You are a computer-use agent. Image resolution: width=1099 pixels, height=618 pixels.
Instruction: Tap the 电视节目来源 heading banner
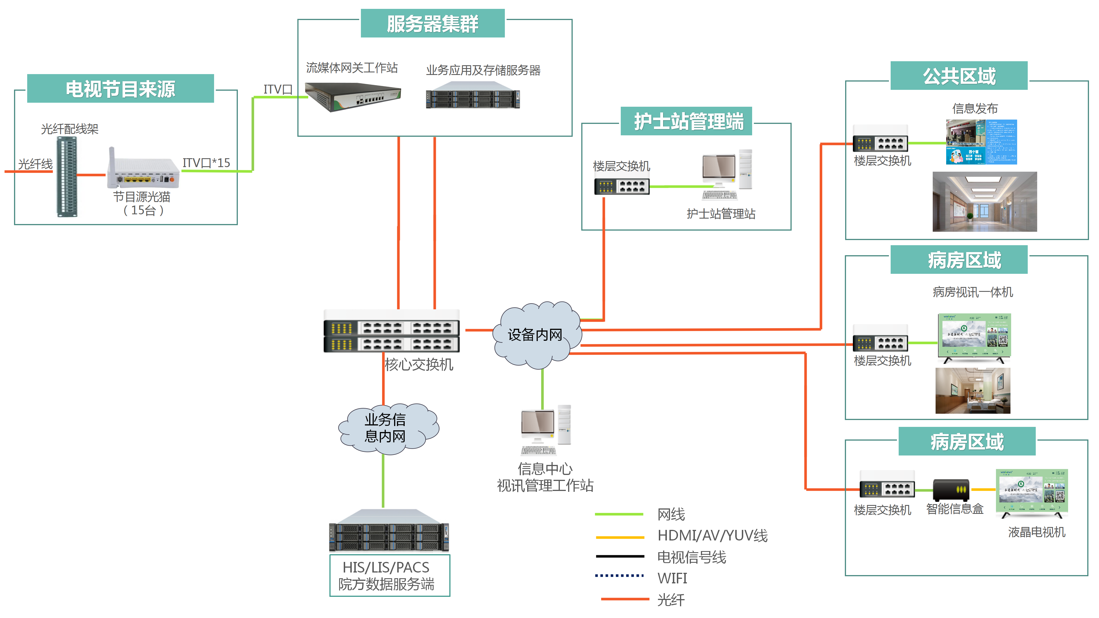tap(120, 89)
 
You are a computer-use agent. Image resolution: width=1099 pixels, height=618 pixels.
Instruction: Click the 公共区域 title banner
tap(959, 76)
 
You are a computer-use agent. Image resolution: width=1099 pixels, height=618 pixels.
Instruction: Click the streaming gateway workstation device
tap(352, 97)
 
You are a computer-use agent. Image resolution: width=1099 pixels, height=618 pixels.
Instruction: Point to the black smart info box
tap(951, 489)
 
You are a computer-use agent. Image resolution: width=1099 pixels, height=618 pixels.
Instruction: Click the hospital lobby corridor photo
tap(984, 202)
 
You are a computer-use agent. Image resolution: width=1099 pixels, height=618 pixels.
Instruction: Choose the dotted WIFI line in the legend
tap(619, 575)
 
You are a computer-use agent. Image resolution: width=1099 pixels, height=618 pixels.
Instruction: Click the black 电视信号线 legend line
tap(619, 556)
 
